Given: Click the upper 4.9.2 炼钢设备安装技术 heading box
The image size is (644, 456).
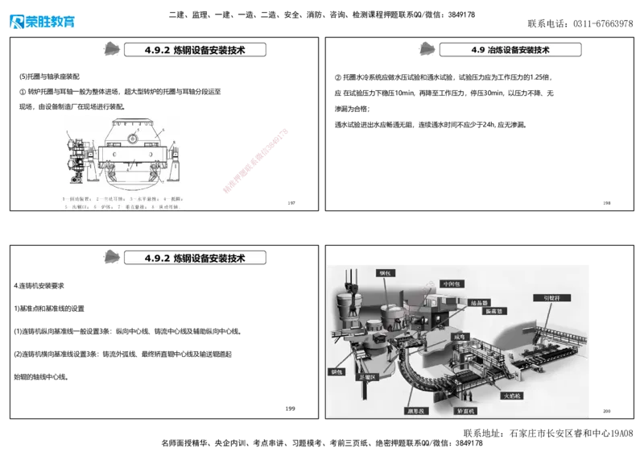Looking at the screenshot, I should [196, 50].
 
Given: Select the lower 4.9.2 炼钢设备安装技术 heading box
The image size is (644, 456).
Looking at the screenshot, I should [196, 259].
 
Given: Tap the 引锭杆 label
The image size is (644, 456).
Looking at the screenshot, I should [556, 297].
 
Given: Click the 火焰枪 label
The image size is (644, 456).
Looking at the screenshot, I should [513, 396].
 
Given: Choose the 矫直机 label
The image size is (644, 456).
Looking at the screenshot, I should [466, 411].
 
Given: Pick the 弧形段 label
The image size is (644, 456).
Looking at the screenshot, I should [416, 411].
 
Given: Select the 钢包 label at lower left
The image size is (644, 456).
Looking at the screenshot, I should [337, 373].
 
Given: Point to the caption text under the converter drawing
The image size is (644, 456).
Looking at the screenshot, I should [122, 202].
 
